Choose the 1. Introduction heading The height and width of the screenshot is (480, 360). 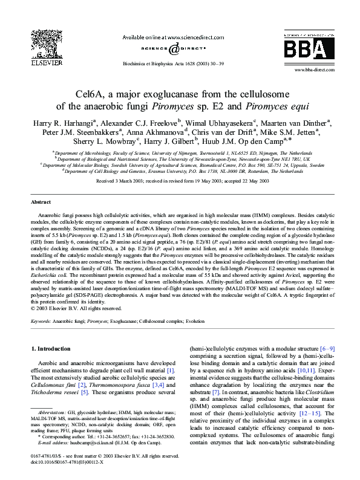point(53,349)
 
